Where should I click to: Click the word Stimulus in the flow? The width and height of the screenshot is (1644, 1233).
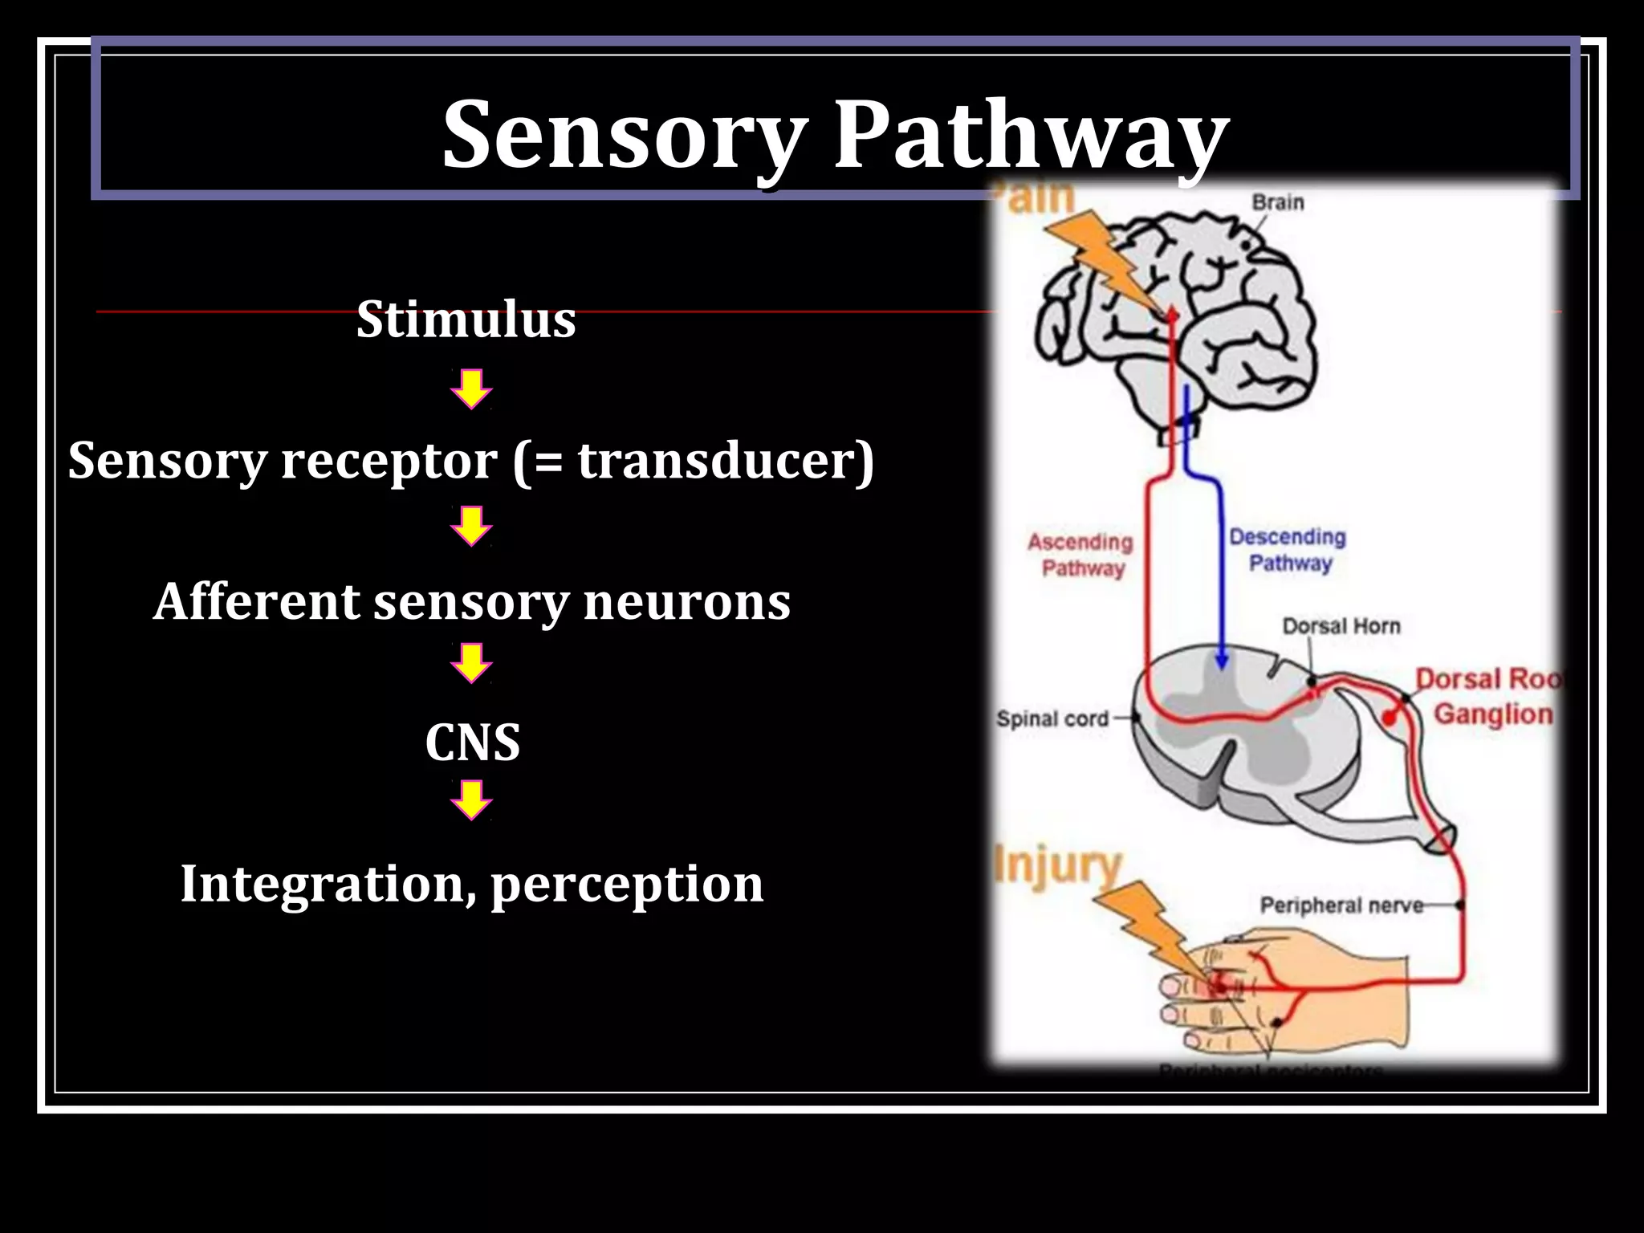pos(466,319)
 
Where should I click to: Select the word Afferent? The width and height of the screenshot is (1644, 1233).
pos(257,601)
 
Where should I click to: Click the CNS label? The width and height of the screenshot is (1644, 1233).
pos(472,742)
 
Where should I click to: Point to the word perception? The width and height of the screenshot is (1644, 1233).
pos(626,885)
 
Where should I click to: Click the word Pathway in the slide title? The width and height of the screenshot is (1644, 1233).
pos(1031,134)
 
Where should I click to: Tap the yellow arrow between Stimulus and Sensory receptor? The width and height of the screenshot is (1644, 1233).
pos(471,389)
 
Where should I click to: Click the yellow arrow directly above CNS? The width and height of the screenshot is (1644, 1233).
pos(471,663)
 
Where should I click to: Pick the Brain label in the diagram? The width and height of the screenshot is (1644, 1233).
pos(1278,202)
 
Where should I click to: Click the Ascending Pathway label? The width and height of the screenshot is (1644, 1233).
pos(1080,555)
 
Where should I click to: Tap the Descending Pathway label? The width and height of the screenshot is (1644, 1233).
pos(1288,550)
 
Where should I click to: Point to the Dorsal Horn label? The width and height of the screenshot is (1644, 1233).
pos(1341,626)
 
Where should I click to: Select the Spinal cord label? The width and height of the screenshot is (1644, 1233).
pos(1052,718)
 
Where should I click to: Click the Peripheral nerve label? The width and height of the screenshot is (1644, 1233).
pos(1341,905)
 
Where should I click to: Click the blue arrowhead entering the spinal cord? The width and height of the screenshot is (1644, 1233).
pos(1221,661)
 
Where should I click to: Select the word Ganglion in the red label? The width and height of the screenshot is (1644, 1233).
pos(1493,714)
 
